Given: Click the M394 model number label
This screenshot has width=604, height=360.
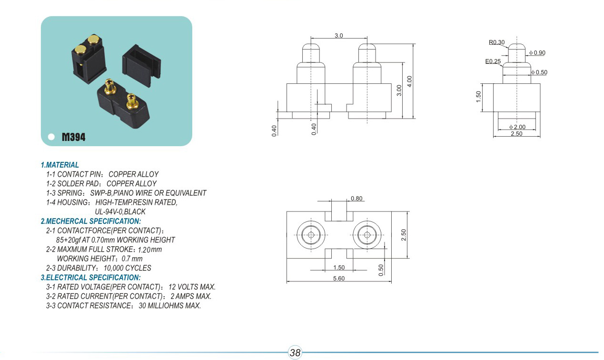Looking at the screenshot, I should pyautogui.click(x=74, y=138).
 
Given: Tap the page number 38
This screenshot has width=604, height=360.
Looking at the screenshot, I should pyautogui.click(x=295, y=353).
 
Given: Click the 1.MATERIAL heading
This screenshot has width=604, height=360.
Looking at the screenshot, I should pyautogui.click(x=60, y=165).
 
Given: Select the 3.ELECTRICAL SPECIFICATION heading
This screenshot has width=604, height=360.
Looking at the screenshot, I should pyautogui.click(x=90, y=278).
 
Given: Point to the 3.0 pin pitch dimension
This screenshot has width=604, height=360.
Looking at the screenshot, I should pyautogui.click(x=338, y=36).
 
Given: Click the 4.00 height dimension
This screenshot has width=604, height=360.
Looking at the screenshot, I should pyautogui.click(x=409, y=81).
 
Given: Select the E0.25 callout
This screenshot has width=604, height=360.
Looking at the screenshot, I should pyautogui.click(x=493, y=61).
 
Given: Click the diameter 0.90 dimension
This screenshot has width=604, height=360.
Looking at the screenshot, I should pyautogui.click(x=537, y=53).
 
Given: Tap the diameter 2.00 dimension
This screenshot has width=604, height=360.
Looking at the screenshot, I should pyautogui.click(x=517, y=127).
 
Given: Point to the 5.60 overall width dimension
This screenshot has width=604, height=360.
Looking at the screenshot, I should pyautogui.click(x=339, y=279).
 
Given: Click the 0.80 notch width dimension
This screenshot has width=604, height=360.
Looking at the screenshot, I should pyautogui.click(x=356, y=199).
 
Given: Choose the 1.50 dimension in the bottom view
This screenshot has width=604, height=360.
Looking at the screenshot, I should pyautogui.click(x=339, y=268).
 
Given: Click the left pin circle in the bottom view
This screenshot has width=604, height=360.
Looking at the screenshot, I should pyautogui.click(x=311, y=235).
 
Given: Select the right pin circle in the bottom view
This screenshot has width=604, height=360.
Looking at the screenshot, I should pyautogui.click(x=367, y=235).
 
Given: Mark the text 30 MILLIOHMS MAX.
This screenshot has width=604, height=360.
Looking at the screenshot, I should pyautogui.click(x=170, y=306).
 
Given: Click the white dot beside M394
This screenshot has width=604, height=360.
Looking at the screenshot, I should pyautogui.click(x=51, y=138).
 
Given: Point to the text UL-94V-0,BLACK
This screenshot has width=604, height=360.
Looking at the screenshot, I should pyautogui.click(x=120, y=211).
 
